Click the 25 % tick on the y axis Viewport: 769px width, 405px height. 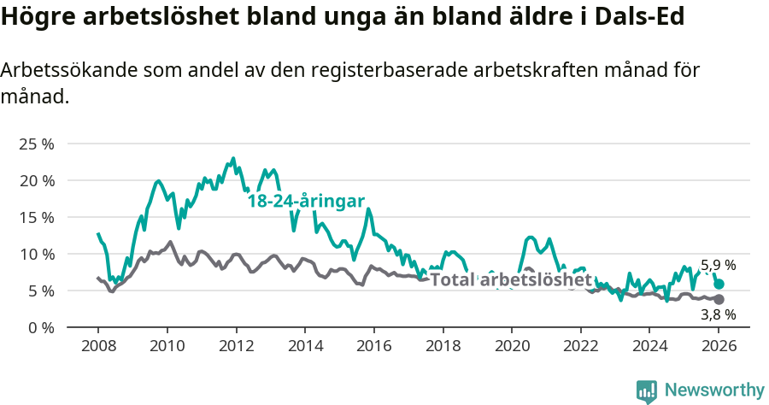click(x=36, y=144)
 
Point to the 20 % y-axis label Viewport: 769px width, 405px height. click(x=36, y=180)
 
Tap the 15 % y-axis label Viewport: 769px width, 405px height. click(x=36, y=217)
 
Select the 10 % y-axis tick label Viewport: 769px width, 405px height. click(x=36, y=254)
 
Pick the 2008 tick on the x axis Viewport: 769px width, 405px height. click(x=97, y=347)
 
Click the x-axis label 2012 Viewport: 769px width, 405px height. click(x=236, y=347)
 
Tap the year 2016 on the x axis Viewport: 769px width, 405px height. click(x=373, y=347)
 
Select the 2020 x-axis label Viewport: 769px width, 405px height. click(x=512, y=347)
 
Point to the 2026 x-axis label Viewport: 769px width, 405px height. click(x=719, y=347)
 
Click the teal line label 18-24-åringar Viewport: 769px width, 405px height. click(x=306, y=201)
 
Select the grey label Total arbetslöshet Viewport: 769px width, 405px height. click(x=510, y=279)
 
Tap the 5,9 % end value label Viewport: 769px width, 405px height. click(x=718, y=266)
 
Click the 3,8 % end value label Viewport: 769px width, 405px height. click(x=718, y=314)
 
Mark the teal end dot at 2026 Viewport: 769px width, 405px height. click(x=719, y=284)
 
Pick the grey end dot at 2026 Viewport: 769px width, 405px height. click(x=719, y=299)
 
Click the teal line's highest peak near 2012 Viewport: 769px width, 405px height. click(x=233, y=159)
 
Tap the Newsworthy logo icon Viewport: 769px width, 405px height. click(x=647, y=391)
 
